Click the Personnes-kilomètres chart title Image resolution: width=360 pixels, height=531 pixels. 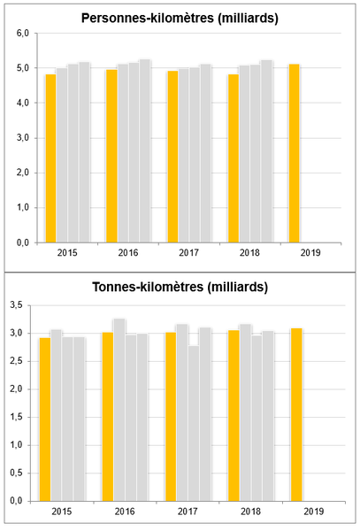pyautogui.click(x=180, y=19)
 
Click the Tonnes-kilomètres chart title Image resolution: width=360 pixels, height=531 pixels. pyautogui.click(x=180, y=287)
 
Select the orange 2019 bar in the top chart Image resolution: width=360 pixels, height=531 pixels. pyautogui.click(x=294, y=153)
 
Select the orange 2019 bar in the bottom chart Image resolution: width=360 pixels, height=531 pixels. pyautogui.click(x=296, y=415)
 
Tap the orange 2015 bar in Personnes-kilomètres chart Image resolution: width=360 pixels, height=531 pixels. pyautogui.click(x=50, y=158)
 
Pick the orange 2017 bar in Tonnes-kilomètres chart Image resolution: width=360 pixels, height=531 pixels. pyautogui.click(x=171, y=417)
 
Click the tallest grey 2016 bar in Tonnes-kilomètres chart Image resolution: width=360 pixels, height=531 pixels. pyautogui.click(x=119, y=410)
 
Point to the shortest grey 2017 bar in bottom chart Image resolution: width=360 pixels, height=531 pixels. pyautogui.click(x=194, y=424)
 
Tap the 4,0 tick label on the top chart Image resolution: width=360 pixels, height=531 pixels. pyautogui.click(x=23, y=103)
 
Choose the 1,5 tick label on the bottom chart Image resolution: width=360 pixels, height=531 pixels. pyautogui.click(x=17, y=417)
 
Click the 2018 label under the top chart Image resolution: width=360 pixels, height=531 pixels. pyautogui.click(x=249, y=253)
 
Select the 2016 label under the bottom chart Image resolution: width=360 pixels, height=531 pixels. pyautogui.click(x=125, y=512)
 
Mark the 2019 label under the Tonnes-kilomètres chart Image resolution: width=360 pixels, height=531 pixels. pyautogui.click(x=314, y=512)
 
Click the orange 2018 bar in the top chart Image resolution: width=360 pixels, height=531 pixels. pyautogui.click(x=234, y=158)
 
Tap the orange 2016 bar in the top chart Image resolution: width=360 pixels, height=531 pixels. pyautogui.click(x=111, y=156)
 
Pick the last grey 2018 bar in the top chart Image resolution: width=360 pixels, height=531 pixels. pyautogui.click(x=266, y=151)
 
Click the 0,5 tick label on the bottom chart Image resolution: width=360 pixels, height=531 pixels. pyautogui.click(x=17, y=473)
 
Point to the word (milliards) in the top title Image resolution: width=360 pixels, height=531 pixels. pyautogui.click(x=248, y=19)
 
